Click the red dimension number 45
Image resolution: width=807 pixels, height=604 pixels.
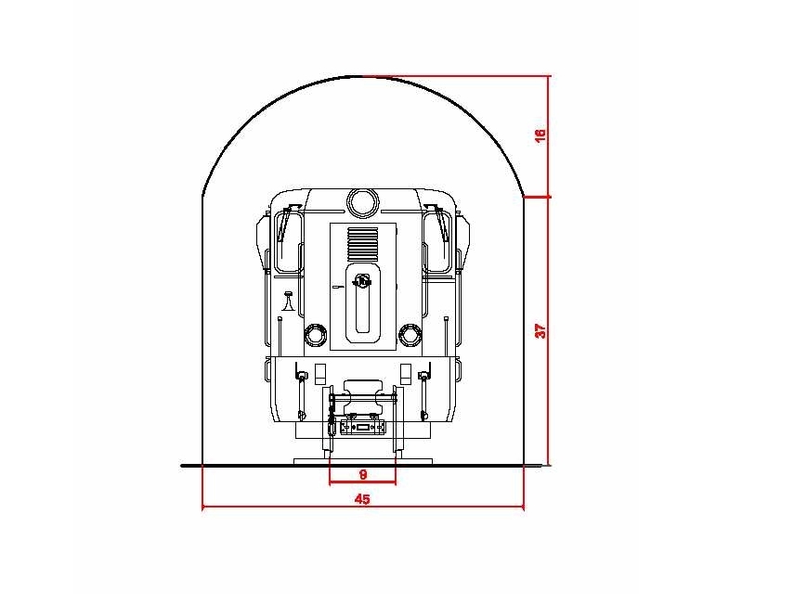pos(362,499)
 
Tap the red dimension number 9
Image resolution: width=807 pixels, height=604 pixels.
pos(363,474)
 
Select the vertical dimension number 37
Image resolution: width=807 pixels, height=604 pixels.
pos(540,330)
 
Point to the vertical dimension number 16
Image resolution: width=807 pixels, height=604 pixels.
pos(540,135)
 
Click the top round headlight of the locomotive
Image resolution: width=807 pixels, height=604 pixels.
pos(362,202)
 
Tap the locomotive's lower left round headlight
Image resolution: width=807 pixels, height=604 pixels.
pos(315,335)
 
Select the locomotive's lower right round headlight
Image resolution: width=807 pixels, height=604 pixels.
pos(410,335)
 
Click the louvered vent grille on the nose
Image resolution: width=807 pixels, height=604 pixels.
pos(362,244)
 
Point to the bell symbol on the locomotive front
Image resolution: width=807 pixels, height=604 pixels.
pos(288,302)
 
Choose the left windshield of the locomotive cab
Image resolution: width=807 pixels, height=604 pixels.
pos(289,240)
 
